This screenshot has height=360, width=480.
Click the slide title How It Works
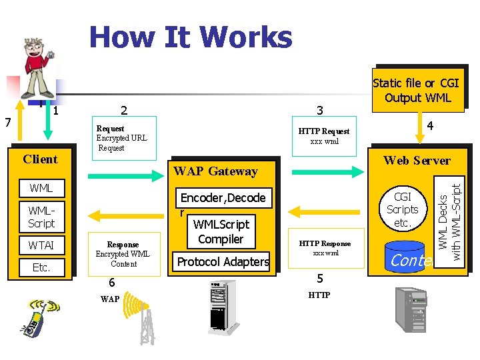pyautogui.click(x=191, y=37)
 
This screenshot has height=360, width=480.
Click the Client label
pyautogui.click(x=40, y=159)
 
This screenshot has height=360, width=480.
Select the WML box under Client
pyautogui.click(x=41, y=188)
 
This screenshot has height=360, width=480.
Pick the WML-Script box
pyautogui.click(x=41, y=217)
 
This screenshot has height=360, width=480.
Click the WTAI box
pyautogui.click(x=41, y=245)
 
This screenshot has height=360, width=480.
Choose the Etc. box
pyautogui.click(x=41, y=267)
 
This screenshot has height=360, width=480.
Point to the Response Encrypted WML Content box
pyautogui.click(x=123, y=254)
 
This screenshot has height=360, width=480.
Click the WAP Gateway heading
pyautogui.click(x=215, y=171)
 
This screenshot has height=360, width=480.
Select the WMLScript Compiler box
pyautogui.click(x=221, y=232)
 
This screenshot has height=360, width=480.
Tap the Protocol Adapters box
pyautogui.click(x=223, y=262)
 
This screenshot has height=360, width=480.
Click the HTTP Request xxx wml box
pyautogui.click(x=323, y=136)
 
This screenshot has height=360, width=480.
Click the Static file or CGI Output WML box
pyautogui.click(x=415, y=91)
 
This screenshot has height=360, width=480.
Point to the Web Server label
pyautogui.click(x=417, y=160)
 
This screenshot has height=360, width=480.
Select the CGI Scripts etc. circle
pyautogui.click(x=403, y=209)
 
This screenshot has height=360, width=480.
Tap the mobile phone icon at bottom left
pyautogui.click(x=38, y=317)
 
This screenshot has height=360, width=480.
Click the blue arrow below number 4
pyautogui.click(x=420, y=132)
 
